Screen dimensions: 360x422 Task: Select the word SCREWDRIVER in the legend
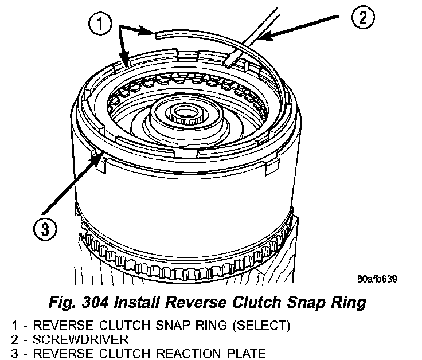pyautogui.click(x=59, y=338)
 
